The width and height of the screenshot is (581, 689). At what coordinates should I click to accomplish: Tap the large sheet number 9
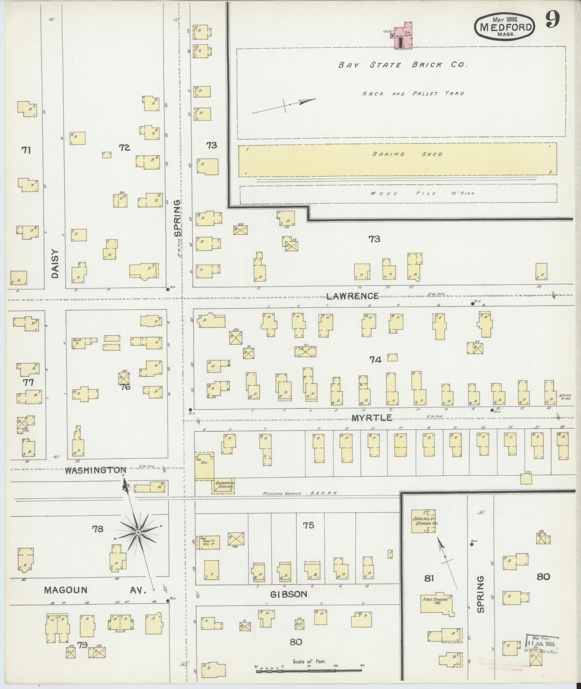552,20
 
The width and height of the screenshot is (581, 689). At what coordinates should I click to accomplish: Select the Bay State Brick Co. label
402,65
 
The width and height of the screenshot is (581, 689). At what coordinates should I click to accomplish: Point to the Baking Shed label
407,154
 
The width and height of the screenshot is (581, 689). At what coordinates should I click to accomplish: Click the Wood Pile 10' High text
422,193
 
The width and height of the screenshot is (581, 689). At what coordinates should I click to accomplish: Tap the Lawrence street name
352,296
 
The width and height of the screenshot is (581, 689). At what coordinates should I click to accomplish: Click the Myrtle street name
371,418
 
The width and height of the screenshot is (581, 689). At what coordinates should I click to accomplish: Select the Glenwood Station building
223,486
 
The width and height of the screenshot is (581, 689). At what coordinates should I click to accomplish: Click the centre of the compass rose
138,533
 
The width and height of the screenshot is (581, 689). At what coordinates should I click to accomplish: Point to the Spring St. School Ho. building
425,520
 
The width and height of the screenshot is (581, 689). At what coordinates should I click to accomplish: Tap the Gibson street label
289,594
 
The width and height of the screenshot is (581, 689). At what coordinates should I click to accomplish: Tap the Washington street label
96,470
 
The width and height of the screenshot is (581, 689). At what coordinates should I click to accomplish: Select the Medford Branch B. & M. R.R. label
300,494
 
